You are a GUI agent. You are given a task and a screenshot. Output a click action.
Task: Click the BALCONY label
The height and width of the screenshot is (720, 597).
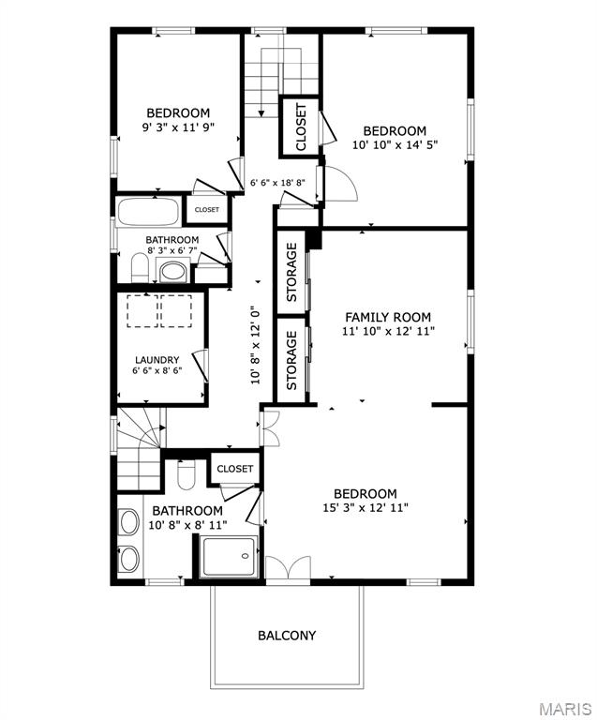[x=287, y=636]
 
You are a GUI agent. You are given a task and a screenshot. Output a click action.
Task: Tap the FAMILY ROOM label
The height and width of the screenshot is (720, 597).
[x=388, y=317]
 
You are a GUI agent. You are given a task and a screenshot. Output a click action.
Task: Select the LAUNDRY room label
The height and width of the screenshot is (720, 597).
[x=157, y=360]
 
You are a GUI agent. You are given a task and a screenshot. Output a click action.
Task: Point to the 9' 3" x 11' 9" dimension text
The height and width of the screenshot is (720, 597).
[x=178, y=127]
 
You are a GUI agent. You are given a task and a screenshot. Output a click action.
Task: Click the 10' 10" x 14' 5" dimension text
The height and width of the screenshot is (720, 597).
[x=396, y=145]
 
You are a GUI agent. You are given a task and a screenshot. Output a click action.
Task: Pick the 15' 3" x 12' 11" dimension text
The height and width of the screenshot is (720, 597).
[x=366, y=508]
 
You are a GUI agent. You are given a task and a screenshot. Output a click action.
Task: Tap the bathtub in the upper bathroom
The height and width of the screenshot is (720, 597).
[x=148, y=212]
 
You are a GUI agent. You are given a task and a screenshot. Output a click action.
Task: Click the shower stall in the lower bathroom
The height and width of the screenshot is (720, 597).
[x=229, y=557]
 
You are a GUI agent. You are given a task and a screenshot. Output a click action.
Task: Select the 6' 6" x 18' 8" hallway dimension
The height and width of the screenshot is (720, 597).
[x=277, y=183]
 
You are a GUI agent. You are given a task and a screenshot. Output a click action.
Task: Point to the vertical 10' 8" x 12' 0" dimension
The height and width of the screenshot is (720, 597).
[x=256, y=345]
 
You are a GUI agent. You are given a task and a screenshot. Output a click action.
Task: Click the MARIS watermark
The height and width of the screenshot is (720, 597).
[x=565, y=708]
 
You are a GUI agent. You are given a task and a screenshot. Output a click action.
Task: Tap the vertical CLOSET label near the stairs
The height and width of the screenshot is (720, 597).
[x=301, y=127]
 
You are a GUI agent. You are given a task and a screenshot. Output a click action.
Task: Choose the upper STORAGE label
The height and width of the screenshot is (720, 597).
[x=291, y=272]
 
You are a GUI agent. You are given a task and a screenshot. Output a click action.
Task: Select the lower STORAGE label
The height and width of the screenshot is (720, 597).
[x=291, y=360]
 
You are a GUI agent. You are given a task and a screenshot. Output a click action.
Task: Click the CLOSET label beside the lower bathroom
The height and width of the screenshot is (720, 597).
[x=235, y=469]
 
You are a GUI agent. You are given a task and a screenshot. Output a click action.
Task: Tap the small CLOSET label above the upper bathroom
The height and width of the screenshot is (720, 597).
[x=207, y=210]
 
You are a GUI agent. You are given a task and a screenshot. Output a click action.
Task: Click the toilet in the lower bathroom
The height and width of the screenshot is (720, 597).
[x=187, y=475]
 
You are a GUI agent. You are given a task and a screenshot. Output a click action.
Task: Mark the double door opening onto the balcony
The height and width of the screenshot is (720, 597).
[x=289, y=568]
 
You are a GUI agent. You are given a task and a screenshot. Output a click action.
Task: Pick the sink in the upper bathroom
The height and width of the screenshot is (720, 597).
[x=172, y=271]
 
